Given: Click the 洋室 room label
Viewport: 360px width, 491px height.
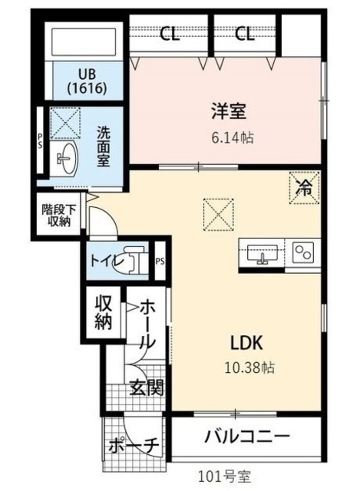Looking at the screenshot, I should tap(229, 112).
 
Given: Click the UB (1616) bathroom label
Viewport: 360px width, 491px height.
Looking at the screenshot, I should tap(86, 81).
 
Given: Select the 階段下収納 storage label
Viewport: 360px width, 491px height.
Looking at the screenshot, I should tap(56, 215).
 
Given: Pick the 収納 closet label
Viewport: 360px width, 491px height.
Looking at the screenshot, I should tap(103, 311).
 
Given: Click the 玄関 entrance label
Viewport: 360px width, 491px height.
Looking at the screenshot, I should tap(146, 387).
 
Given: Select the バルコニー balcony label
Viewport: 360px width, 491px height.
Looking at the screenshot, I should tap(247, 438).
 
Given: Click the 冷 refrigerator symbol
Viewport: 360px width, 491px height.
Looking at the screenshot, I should tap(305, 188).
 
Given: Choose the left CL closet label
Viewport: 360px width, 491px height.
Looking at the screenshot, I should tap(171, 34).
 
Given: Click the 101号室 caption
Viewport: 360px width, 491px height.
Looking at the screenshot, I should tap(223, 477).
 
